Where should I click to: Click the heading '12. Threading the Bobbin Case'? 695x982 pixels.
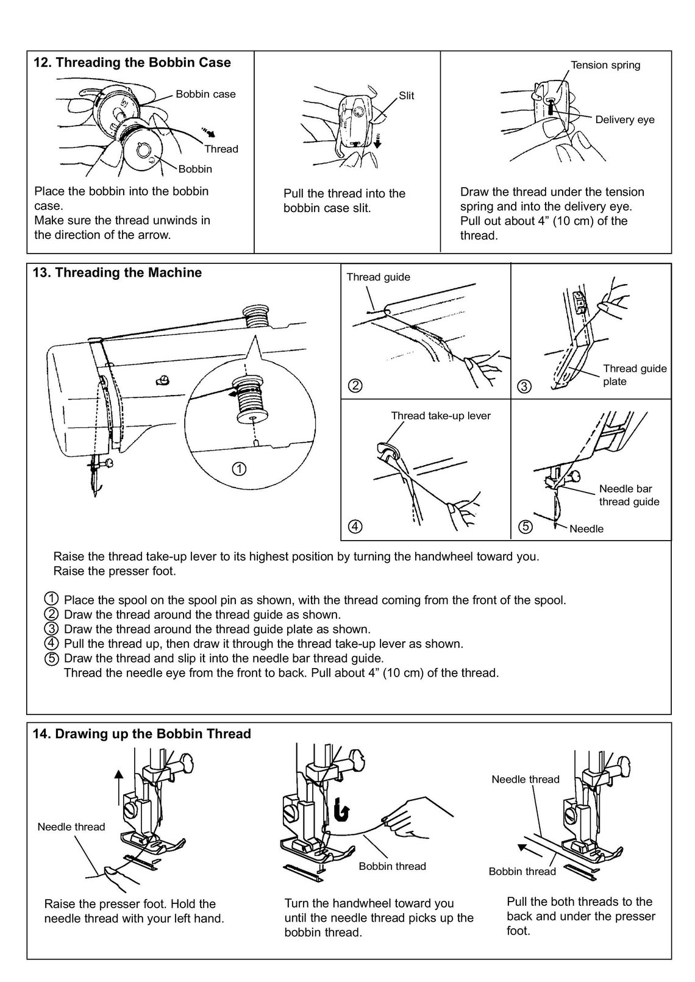[x=131, y=63]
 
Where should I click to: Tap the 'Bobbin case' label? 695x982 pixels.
[x=205, y=94]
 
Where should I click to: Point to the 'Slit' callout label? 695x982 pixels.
[x=406, y=96]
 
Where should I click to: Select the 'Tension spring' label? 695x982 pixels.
[x=605, y=65]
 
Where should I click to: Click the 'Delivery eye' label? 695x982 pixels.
[x=624, y=120]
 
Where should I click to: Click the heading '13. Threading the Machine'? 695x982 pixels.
[x=116, y=273]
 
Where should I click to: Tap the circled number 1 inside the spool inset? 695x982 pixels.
[x=239, y=469]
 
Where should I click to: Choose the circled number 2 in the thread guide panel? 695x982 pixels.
[x=355, y=385]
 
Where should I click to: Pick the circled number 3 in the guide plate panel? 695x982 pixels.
[x=525, y=386]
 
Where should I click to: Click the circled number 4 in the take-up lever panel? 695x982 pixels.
[x=355, y=527]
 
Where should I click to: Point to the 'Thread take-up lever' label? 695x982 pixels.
[x=440, y=416]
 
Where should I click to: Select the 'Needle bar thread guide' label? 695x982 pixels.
[x=629, y=495]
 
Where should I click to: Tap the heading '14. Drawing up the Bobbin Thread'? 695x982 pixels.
[x=141, y=734]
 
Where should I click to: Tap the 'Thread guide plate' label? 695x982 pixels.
[x=634, y=375]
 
